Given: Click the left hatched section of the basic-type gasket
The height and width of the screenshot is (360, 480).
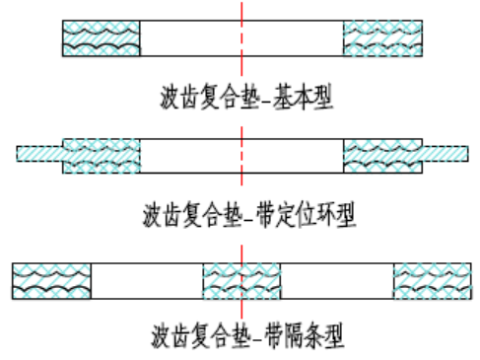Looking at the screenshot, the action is click(102, 38).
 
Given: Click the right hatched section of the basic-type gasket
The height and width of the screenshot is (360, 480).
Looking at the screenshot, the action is click(382, 38).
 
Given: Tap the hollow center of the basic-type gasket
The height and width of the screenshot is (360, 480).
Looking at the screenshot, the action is click(241, 38).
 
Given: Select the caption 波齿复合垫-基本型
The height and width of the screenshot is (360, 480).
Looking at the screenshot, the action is click(246, 97).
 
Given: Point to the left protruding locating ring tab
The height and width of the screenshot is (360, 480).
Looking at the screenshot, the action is click(39, 154).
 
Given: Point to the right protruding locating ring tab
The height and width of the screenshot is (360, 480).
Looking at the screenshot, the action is click(446, 154).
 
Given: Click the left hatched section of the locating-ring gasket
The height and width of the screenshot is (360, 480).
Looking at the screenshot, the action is click(102, 156).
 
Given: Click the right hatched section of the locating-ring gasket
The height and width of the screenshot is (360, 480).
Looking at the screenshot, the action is click(382, 156).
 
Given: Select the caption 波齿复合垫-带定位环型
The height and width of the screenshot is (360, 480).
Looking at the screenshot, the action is click(249, 215).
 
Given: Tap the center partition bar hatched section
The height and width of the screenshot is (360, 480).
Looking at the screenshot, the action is click(241, 281).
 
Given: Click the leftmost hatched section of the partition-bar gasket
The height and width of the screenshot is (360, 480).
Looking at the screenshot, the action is click(51, 281).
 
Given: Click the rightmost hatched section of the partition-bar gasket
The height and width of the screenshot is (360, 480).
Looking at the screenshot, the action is click(433, 281).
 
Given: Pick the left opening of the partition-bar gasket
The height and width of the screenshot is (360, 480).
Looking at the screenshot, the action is click(147, 281).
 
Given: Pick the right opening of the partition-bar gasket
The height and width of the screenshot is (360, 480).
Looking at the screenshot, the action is click(337, 281).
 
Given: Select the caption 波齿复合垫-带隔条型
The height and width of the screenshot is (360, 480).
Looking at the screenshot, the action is click(247, 335).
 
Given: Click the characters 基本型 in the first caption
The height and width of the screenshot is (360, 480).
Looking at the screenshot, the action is click(303, 97).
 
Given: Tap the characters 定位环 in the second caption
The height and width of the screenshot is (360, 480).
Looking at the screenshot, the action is click(307, 215).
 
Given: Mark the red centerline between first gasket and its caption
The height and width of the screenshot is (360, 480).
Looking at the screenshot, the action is click(241, 67).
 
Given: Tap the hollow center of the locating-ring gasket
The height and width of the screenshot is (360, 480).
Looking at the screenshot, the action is click(241, 156).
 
